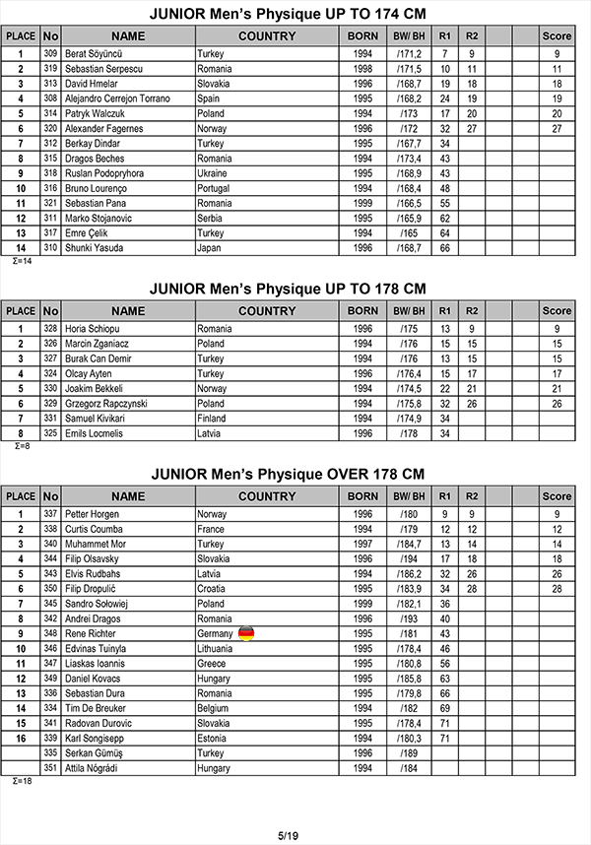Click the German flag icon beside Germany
point(245,633)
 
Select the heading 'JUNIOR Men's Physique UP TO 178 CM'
point(288,289)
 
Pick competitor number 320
point(51,128)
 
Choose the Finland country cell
point(215,419)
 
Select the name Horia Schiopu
point(95,329)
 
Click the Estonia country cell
point(214,738)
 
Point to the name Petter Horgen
point(94,514)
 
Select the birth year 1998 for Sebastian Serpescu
point(362,69)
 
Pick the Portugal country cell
point(216,188)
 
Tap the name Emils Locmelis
point(96,433)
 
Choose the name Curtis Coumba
point(95,529)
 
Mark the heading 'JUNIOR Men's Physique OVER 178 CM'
point(288,474)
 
